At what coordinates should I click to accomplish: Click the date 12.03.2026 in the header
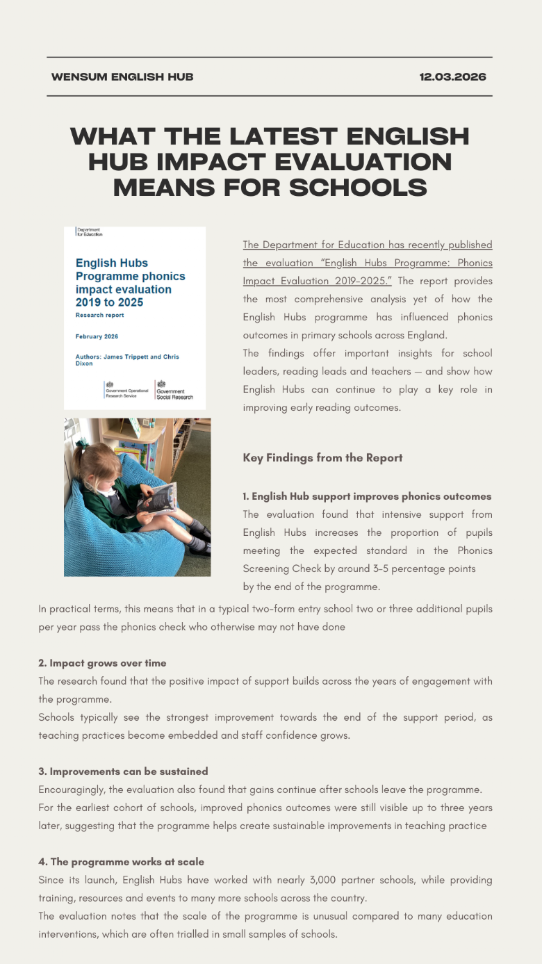[452, 77]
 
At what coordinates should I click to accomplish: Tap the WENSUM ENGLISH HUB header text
[122, 77]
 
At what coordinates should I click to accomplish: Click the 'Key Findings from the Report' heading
[322, 457]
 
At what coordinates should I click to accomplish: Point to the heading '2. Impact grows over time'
[102, 663]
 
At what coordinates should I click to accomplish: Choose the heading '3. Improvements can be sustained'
[123, 771]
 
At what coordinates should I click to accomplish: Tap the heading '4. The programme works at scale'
[121, 862]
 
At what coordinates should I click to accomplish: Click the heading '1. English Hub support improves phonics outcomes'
[367, 496]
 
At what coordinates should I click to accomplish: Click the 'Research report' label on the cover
[100, 315]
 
